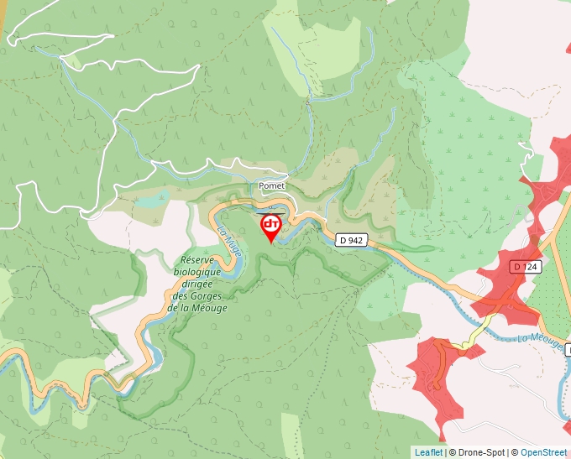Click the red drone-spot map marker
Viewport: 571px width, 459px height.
pyautogui.click(x=270, y=227)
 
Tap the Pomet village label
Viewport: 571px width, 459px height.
pyautogui.click(x=273, y=185)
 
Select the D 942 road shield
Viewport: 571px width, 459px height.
pyautogui.click(x=351, y=240)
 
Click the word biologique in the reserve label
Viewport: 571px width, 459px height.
pyautogui.click(x=197, y=272)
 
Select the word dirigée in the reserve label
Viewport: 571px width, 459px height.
pyautogui.click(x=197, y=284)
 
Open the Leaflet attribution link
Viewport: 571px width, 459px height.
pyautogui.click(x=428, y=452)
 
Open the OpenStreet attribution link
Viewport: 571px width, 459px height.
pyautogui.click(x=544, y=452)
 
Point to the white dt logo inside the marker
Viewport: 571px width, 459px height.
pyautogui.click(x=270, y=224)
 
